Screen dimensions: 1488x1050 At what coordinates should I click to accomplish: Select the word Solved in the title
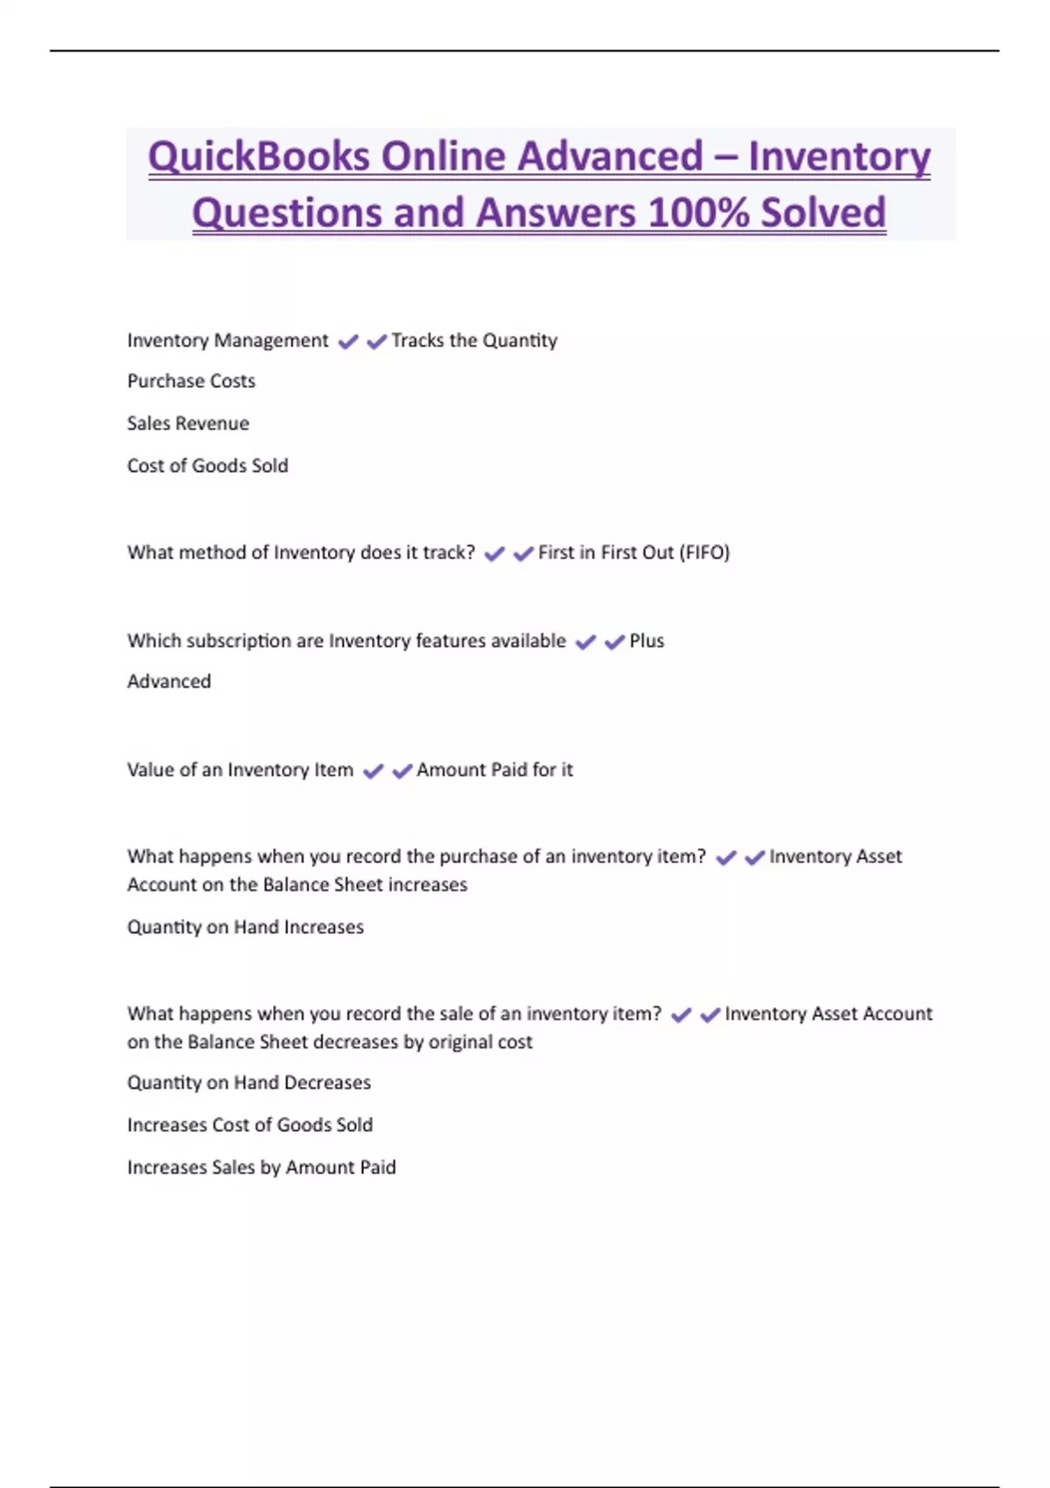pos(822,213)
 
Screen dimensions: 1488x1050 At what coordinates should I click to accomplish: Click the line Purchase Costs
pos(191,382)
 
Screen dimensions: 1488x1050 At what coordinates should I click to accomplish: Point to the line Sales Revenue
pos(188,424)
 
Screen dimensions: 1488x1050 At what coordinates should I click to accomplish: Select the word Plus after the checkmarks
pos(647,641)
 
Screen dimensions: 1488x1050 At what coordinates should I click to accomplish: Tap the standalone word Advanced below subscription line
pos(169,682)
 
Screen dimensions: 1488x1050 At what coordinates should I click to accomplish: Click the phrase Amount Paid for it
pos(494,770)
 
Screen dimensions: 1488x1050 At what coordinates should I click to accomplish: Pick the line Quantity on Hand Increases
pos(245,928)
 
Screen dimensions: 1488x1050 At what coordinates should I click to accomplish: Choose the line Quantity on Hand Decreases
pos(248,1083)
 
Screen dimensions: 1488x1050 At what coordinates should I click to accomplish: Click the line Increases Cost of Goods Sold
pos(249,1125)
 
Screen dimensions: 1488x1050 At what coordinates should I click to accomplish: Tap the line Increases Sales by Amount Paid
pos(261,1168)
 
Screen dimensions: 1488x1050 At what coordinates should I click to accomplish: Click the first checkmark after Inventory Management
pos(347,341)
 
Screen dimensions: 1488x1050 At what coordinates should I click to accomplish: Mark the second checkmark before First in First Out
pos(523,553)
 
